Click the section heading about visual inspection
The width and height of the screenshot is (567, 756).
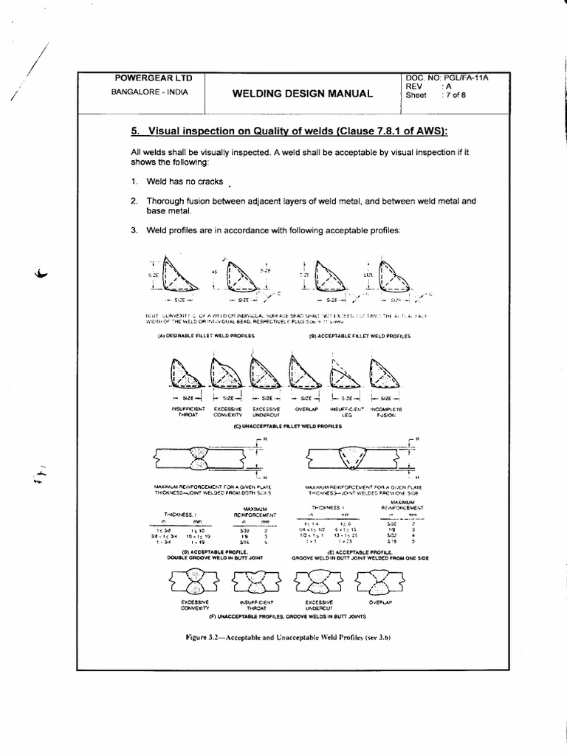289,131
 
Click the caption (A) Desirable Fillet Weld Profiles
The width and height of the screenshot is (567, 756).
205,335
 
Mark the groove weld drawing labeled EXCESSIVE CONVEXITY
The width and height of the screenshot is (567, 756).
195,583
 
